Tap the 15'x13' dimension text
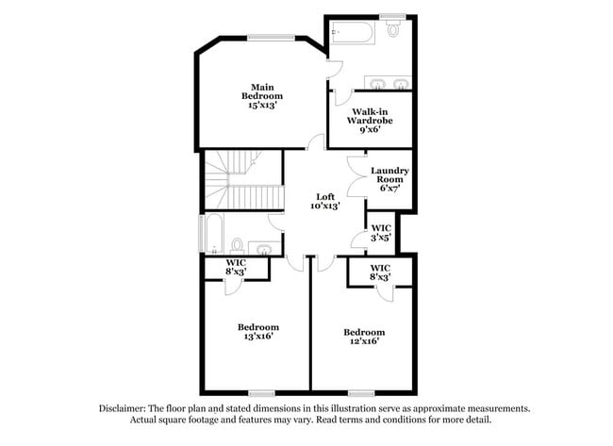[x=265, y=107]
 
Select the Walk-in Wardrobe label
[x=369, y=116]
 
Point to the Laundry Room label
[x=389, y=174]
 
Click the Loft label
[x=324, y=196]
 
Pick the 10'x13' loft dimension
[x=324, y=206]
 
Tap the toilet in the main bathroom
[x=394, y=30]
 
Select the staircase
[x=243, y=181]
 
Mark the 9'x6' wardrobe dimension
[x=370, y=130]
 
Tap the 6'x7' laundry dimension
[x=389, y=189]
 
